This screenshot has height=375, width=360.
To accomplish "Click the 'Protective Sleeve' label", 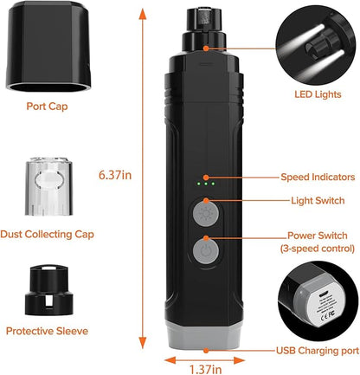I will tap(48, 329).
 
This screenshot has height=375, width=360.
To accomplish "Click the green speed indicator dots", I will tap(204, 183).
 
